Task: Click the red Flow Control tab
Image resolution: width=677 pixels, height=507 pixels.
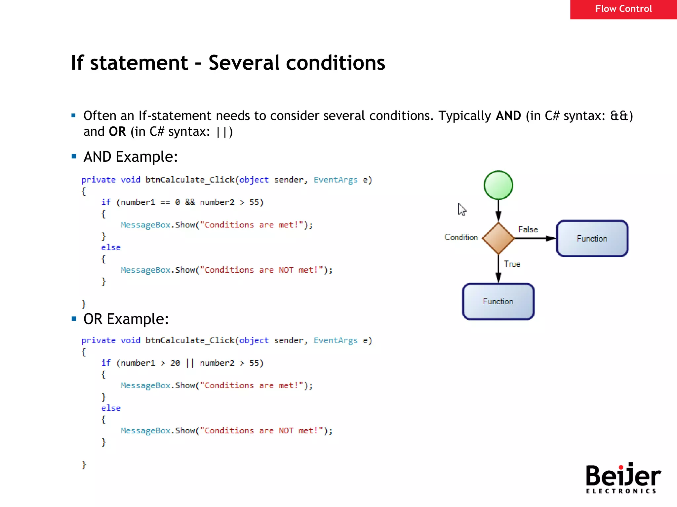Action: (623, 9)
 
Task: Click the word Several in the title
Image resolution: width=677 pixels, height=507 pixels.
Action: (244, 63)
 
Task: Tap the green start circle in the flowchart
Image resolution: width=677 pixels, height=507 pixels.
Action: (498, 185)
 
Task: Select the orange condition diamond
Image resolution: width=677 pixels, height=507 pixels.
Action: (498, 238)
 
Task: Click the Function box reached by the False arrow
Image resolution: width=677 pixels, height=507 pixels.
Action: (592, 238)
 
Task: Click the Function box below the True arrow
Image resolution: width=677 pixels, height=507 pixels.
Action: (498, 301)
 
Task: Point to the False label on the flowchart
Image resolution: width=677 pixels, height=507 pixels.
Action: (528, 229)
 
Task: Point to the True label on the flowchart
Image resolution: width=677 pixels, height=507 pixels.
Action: (512, 264)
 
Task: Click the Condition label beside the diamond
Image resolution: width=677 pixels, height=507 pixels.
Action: (461, 237)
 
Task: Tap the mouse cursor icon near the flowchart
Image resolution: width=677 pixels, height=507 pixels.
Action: (462, 209)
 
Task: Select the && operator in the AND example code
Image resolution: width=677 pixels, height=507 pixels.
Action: (190, 202)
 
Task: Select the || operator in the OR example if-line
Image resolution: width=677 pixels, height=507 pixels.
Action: (190, 363)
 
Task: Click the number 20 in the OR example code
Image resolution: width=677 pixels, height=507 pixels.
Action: (175, 363)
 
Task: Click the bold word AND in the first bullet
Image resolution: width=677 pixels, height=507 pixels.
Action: (508, 116)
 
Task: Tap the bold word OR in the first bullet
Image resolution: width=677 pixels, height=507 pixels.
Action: (117, 132)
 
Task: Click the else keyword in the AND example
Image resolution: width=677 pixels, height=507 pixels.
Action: (111, 248)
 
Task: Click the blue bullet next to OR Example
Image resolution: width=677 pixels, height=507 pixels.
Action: (74, 319)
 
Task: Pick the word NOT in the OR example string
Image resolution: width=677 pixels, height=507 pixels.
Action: (286, 431)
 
